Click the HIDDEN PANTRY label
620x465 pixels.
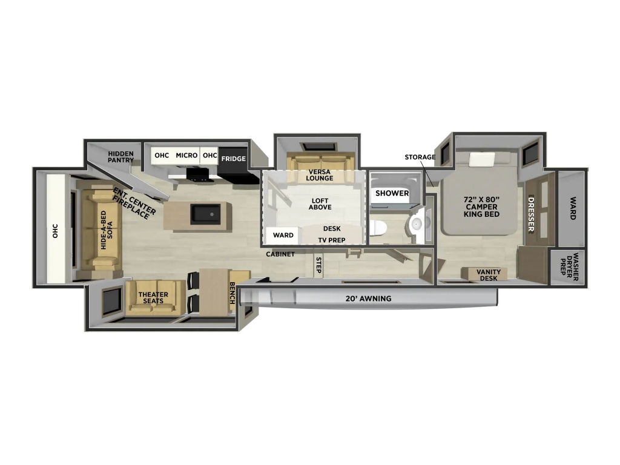pyautogui.click(x=121, y=157)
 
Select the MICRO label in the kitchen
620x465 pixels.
pyautogui.click(x=186, y=156)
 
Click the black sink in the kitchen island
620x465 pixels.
pyautogui.click(x=206, y=214)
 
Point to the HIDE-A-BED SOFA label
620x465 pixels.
pyautogui.click(x=107, y=229)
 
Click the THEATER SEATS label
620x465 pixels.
pyautogui.click(x=153, y=297)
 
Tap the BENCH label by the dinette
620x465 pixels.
pyautogui.click(x=232, y=293)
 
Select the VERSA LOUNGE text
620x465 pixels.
pyautogui.click(x=320, y=175)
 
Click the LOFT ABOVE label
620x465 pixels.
pyautogui.click(x=320, y=203)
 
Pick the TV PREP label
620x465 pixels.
pyautogui.click(x=332, y=240)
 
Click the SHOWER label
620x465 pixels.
pyautogui.click(x=392, y=193)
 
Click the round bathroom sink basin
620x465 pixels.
pyautogui.click(x=417, y=224)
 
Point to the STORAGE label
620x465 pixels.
pyautogui.click(x=420, y=157)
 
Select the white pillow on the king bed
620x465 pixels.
pyautogui.click(x=482, y=160)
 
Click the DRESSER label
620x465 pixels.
pyautogui.click(x=531, y=214)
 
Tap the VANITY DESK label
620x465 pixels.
pyautogui.click(x=489, y=275)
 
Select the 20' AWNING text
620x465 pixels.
pyautogui.click(x=369, y=298)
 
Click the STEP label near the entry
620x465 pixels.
pyautogui.click(x=318, y=265)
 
